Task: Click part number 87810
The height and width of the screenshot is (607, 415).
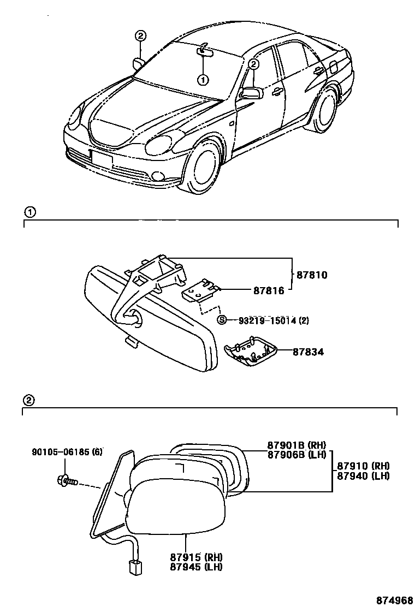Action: tap(312, 275)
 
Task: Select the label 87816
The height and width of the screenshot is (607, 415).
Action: tap(268, 291)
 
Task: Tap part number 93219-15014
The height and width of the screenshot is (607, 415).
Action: tap(263, 320)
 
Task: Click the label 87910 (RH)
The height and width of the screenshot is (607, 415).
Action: tap(363, 466)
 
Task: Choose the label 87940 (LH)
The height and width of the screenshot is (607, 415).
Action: tap(363, 475)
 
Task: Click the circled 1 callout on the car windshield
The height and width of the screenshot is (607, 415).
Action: tap(203, 80)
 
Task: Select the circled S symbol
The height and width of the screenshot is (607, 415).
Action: tap(222, 320)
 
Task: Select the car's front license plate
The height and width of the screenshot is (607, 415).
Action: tap(102, 159)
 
